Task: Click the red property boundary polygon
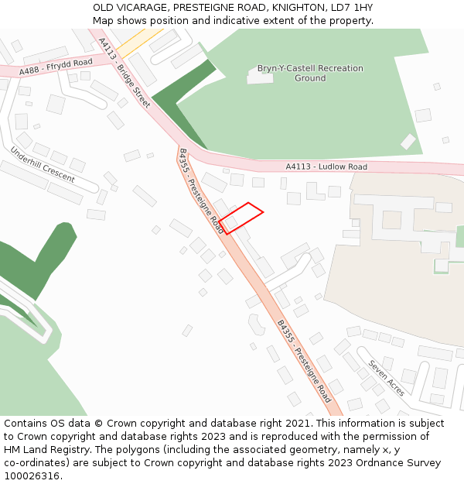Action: (x=241, y=218)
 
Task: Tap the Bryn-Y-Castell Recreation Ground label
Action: (x=310, y=73)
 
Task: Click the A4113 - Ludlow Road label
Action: (x=326, y=166)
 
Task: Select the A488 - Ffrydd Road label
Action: (x=56, y=67)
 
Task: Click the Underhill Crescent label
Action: (x=43, y=164)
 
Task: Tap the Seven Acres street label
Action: (x=386, y=378)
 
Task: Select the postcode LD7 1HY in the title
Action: (x=352, y=7)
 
